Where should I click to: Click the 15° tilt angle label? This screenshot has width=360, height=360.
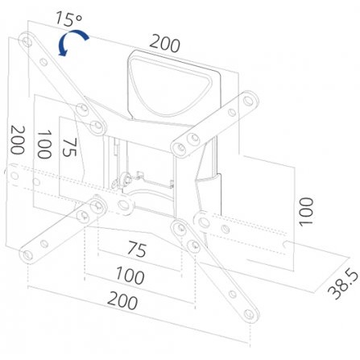[x=68, y=19]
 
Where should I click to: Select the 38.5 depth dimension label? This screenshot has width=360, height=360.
[x=343, y=284]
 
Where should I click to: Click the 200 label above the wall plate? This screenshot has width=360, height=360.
[x=164, y=43]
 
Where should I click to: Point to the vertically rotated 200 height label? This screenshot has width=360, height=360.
[x=18, y=140]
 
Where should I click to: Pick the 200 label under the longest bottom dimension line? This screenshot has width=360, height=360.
[x=122, y=300]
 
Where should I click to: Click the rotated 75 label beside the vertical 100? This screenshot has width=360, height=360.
[x=70, y=147]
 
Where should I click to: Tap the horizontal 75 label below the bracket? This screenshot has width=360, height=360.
[x=137, y=249]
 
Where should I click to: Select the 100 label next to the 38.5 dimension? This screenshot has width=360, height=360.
[x=306, y=212]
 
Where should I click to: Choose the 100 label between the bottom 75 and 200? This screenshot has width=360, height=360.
[x=130, y=275]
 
